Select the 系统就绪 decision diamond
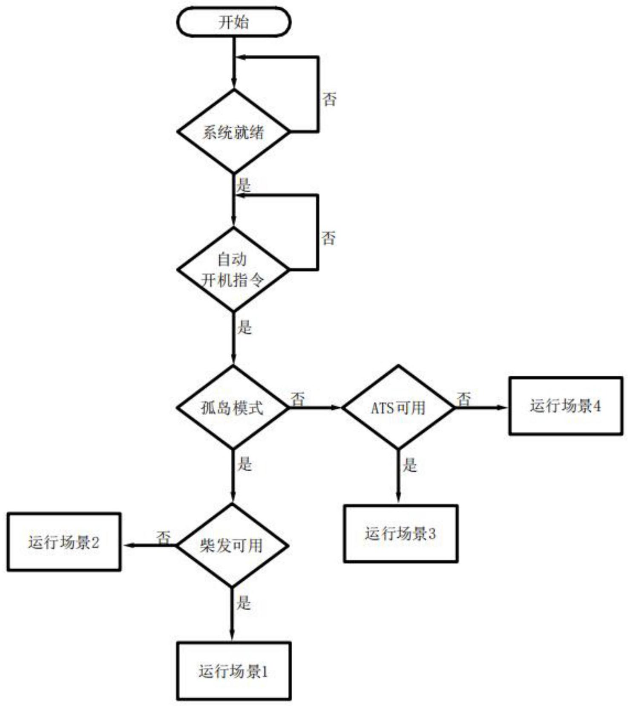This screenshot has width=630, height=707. [233, 132]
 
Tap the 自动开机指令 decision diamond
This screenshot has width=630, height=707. [233, 269]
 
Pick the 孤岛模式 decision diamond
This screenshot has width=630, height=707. [233, 408]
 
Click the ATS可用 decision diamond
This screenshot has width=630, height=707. [398, 408]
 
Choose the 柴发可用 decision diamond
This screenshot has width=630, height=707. [232, 545]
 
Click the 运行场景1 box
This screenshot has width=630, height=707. [234, 671]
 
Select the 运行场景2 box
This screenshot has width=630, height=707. [64, 542]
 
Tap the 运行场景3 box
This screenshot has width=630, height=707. [400, 533]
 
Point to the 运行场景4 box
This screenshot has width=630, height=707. [566, 406]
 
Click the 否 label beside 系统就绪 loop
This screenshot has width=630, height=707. [329, 99]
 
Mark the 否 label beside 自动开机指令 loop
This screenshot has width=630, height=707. [328, 238]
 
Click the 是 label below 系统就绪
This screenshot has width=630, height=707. [244, 185]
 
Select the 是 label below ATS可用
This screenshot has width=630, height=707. [409, 465]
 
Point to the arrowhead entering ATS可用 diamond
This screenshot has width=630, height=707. [338, 408]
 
